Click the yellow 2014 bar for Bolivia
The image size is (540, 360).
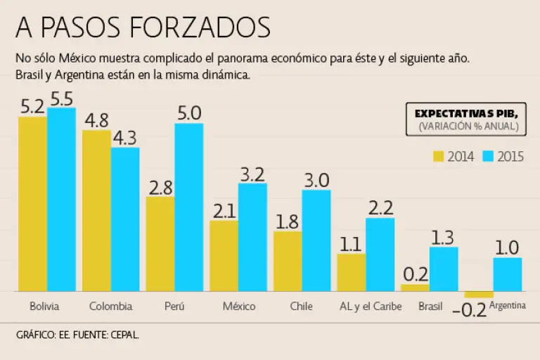tap(32, 204)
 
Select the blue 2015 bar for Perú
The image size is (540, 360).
tap(188, 207)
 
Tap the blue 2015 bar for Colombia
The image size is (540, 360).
tap(125, 219)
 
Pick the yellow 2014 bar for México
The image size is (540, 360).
tap(224, 256)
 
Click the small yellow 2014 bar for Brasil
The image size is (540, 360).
tap(415, 288)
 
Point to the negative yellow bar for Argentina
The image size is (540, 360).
tap(479, 294)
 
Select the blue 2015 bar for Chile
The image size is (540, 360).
tap(316, 240)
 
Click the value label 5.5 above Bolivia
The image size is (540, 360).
tap(62, 98)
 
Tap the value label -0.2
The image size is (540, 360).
tap(469, 309)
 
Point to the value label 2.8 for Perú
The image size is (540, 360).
tap(160, 187)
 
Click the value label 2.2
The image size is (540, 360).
tap(380, 208)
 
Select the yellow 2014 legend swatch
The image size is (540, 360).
tap(439, 156)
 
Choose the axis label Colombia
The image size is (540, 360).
tap(111, 307)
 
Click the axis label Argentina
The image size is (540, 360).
tap(508, 306)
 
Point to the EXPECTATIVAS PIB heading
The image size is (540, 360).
tap(466, 113)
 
